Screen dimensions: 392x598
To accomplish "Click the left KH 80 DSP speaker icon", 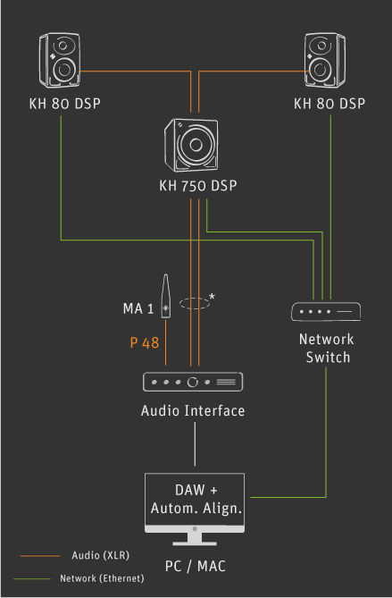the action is coord(60,60).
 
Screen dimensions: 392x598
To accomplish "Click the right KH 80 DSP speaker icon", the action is coord(325,60).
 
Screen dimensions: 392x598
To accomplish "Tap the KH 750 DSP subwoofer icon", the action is coord(192,145).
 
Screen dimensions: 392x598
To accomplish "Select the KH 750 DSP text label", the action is coord(198,186).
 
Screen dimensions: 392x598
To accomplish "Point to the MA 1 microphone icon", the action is coord(166,296).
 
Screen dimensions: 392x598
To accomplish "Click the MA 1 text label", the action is coord(138,308).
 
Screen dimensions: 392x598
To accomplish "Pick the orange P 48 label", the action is coord(145,342).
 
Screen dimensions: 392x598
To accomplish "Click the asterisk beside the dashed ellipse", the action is coord(212,297).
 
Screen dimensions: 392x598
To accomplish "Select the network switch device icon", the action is coord(326,312).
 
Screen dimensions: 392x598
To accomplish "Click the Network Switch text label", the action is coord(327,349).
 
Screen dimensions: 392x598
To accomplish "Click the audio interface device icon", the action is coord(193,382).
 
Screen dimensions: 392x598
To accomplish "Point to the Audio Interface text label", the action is coord(193,411).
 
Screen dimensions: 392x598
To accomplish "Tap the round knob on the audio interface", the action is coord(193,382).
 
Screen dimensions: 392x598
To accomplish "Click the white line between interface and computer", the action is coord(195,444).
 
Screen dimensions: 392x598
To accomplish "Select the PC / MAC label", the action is coord(195,566).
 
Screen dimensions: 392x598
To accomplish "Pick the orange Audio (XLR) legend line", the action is coord(40,556).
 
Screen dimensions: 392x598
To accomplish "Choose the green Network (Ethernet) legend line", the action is coord(32,579).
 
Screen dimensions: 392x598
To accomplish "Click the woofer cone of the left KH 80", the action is coord(63,70).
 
